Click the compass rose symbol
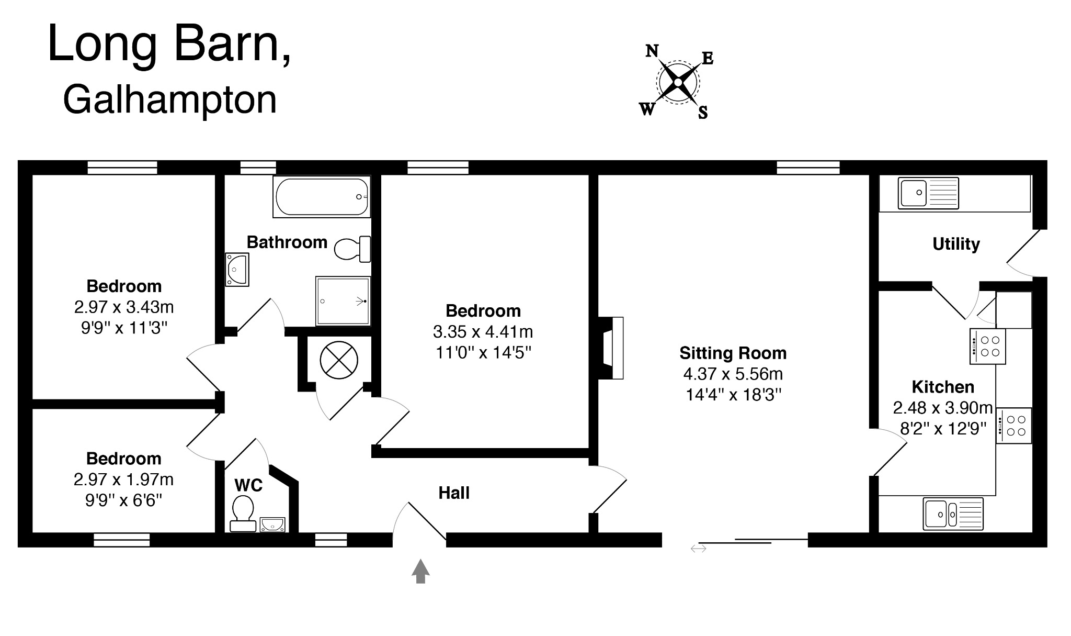pos(678,82)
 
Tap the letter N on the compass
pos(652,51)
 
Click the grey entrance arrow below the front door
pos(420,571)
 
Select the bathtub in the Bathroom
pos(322,197)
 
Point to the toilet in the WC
pos(243,513)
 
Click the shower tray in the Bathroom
pos(343,301)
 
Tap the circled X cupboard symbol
pos(339,360)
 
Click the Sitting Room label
pos(733,353)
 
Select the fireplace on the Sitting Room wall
pos(611,348)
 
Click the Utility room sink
pos(928,193)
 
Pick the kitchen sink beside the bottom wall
pos(953,514)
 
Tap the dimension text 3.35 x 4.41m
pos(483,332)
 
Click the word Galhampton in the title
pos(170,100)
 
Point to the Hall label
pos(454,493)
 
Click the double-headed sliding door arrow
pos(698,549)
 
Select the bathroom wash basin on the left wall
pos(237,270)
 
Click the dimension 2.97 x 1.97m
pos(124,479)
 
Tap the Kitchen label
pos(943,387)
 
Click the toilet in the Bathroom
pos(351,249)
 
